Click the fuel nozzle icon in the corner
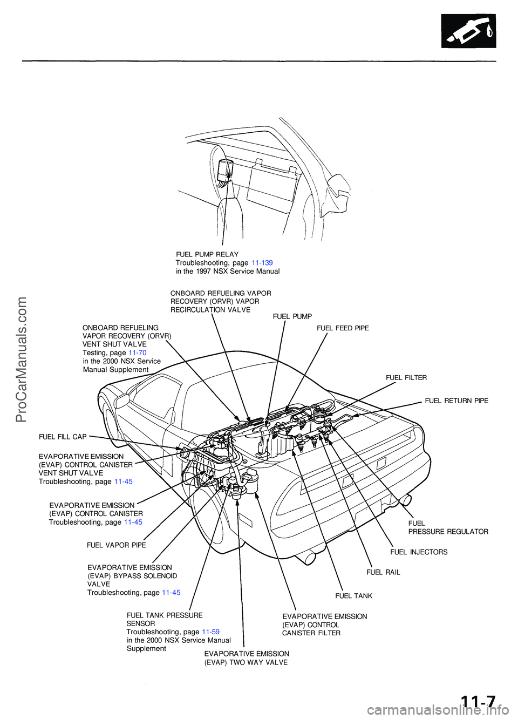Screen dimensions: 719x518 click(x=468, y=31)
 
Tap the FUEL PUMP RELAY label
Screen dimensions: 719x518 click(x=207, y=254)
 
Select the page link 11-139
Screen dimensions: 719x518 click(x=262, y=263)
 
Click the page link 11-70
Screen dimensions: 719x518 click(x=137, y=352)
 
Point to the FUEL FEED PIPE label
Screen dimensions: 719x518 click(x=343, y=328)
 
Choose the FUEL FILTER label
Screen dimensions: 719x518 click(x=406, y=378)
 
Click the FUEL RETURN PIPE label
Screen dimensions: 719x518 click(x=456, y=401)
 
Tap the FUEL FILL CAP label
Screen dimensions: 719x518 click(x=63, y=437)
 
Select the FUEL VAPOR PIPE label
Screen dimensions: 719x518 click(x=116, y=545)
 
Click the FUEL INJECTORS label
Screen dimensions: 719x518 click(x=419, y=552)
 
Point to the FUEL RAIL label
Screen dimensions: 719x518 click(x=383, y=572)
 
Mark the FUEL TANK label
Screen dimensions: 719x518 click(x=353, y=596)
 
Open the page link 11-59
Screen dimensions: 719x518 click(x=210, y=632)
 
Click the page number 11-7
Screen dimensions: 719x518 click(x=478, y=702)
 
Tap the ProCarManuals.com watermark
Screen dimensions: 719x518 click(x=22, y=359)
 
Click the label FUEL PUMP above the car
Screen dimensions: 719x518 click(x=292, y=316)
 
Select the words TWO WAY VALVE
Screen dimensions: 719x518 click(x=258, y=662)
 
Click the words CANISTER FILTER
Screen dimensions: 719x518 click(x=311, y=633)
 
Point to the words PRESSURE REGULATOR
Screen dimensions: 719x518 click(x=448, y=532)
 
